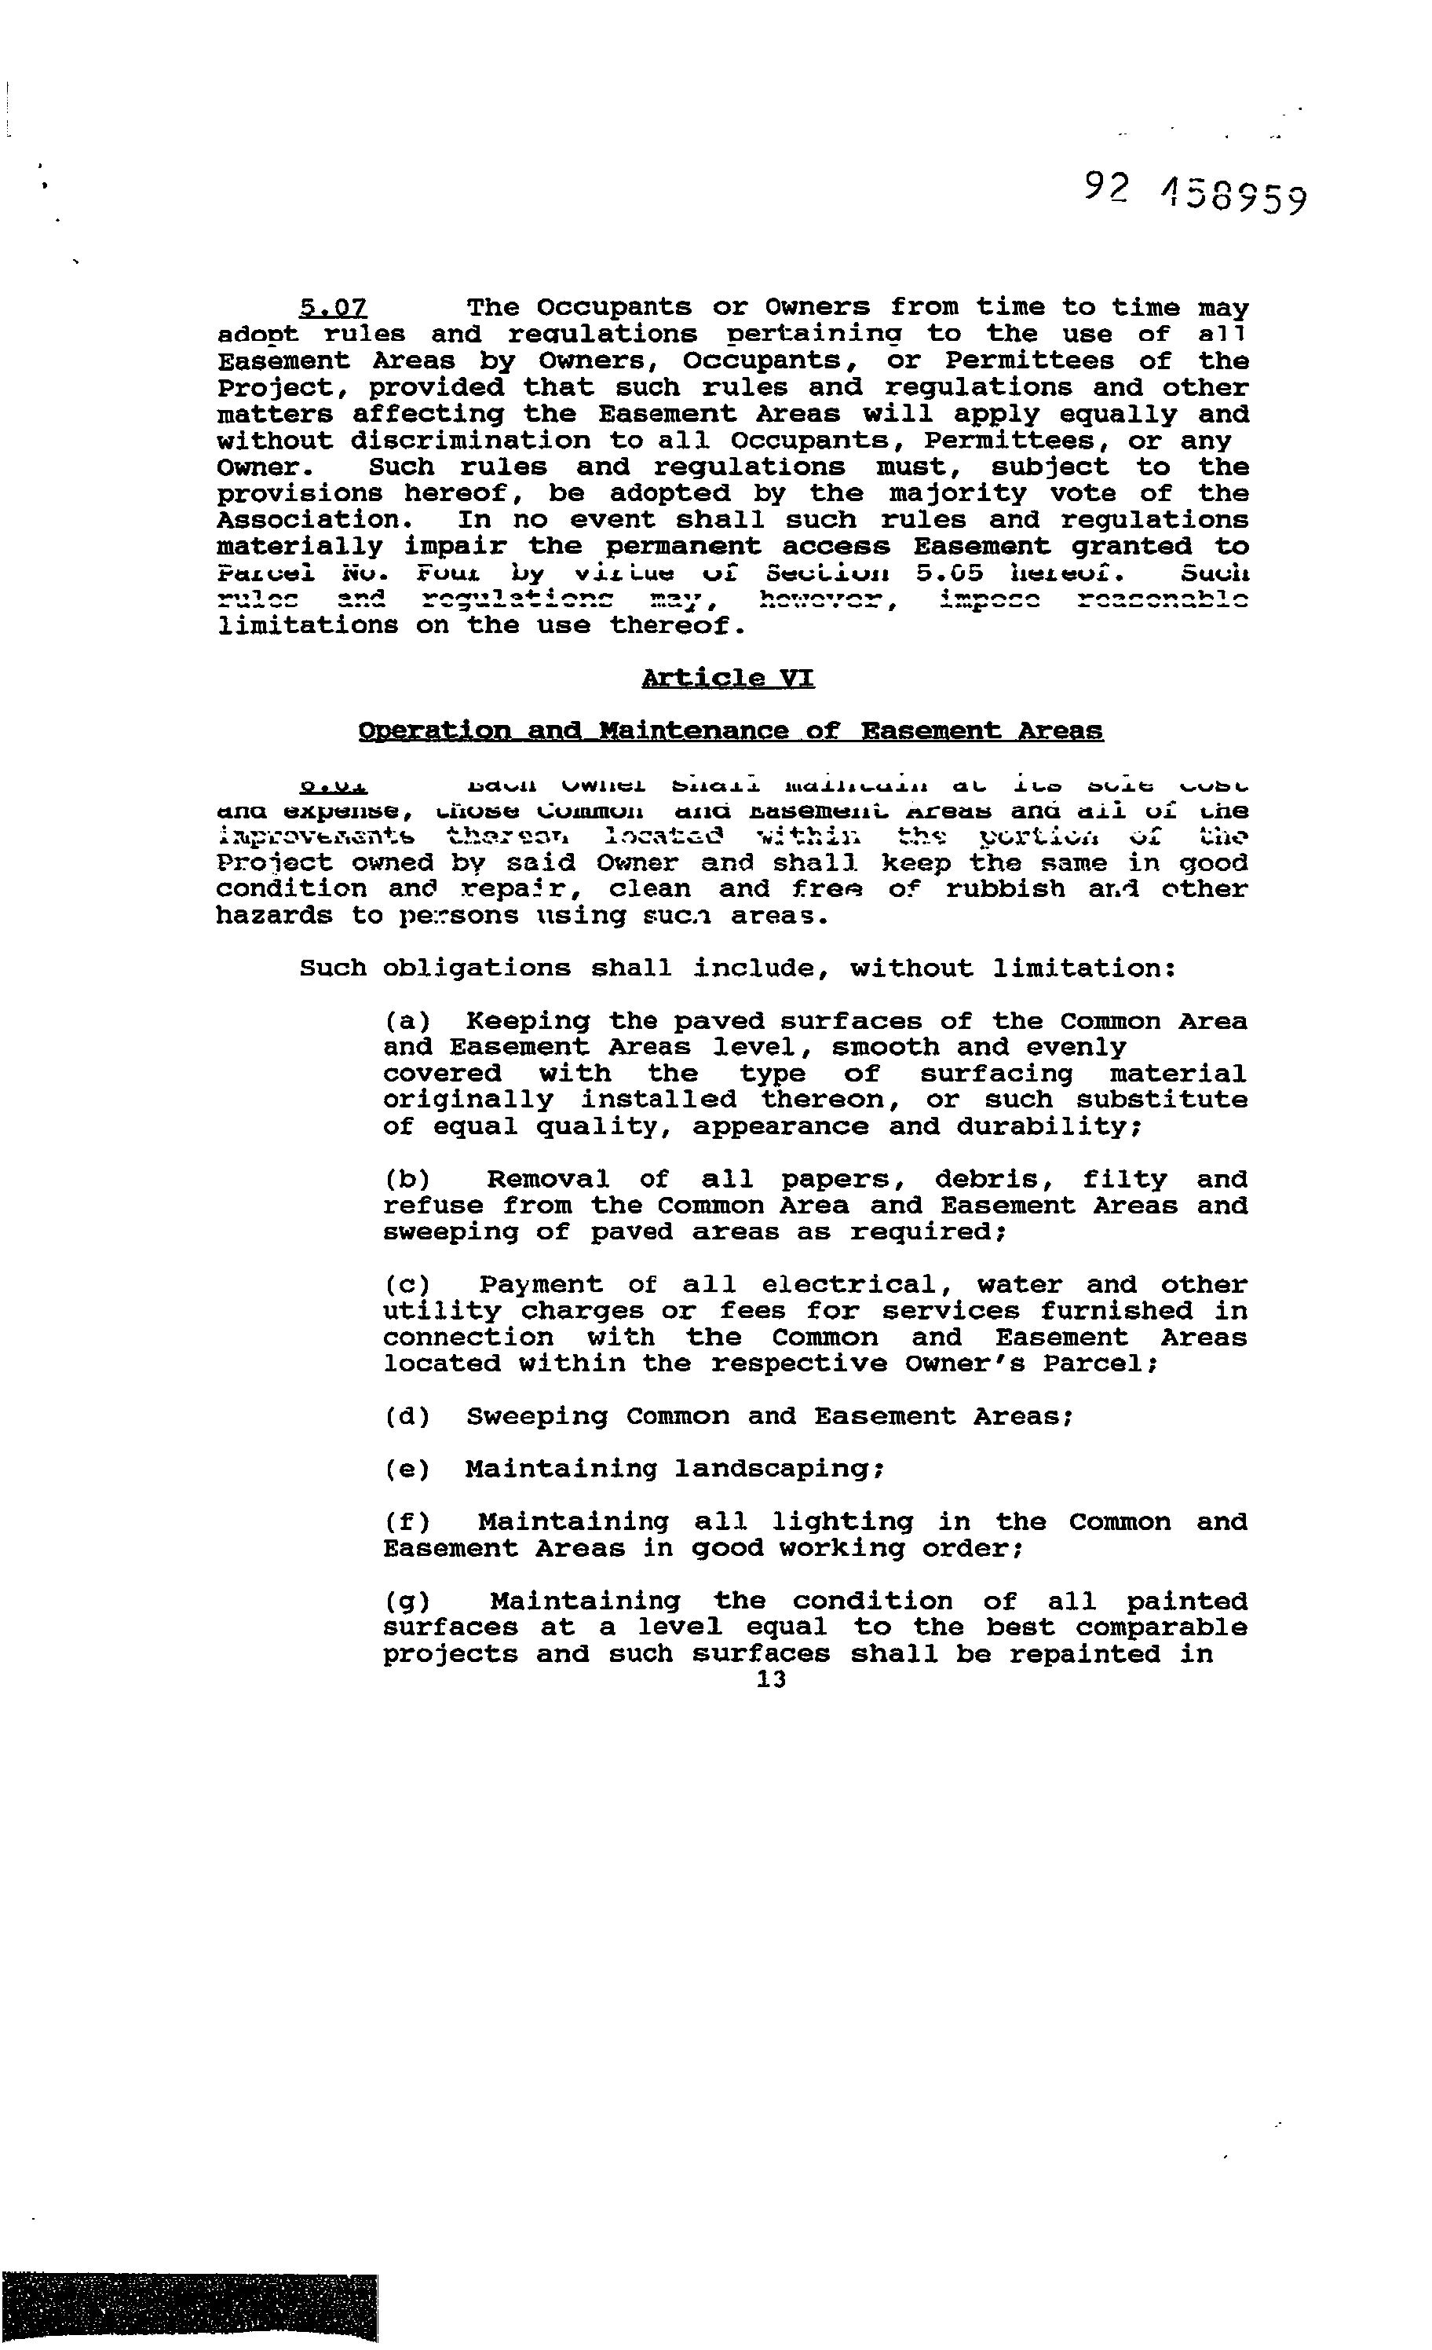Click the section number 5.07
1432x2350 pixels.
333,307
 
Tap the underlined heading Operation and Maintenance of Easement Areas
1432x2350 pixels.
730,730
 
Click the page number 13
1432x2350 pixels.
770,1679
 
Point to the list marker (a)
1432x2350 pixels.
407,1021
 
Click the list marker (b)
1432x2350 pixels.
407,1180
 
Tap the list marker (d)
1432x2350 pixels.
407,1416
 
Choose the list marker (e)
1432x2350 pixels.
407,1469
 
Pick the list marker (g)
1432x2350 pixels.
407,1601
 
